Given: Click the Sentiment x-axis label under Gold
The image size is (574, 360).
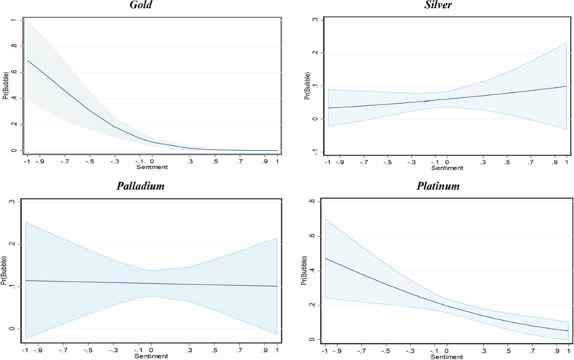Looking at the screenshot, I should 152,168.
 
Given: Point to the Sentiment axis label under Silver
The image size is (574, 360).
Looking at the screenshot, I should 447,168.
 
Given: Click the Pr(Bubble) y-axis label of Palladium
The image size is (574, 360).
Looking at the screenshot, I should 4,266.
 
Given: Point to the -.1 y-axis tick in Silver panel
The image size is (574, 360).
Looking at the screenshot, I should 315,151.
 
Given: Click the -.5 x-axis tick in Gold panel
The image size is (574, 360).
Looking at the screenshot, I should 89,161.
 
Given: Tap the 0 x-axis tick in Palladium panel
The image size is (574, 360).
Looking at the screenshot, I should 152,350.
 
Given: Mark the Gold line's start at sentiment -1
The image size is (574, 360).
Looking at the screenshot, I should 27,61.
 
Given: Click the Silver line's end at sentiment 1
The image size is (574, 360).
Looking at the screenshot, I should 566,86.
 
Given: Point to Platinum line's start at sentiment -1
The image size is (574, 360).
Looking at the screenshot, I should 326,259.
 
